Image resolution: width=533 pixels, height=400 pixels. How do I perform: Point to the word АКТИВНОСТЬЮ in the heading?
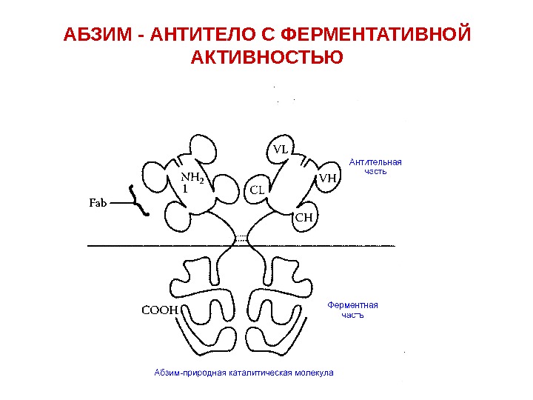tap(266, 57)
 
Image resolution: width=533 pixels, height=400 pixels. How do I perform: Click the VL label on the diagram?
tap(281, 149)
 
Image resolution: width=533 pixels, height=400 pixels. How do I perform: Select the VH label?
tap(328, 179)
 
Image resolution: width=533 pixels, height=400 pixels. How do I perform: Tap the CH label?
tap(304, 218)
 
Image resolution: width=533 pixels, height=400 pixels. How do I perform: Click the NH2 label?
tap(192, 178)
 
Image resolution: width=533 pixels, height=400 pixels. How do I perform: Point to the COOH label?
tap(160, 310)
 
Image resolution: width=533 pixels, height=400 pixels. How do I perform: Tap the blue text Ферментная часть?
tap(352, 310)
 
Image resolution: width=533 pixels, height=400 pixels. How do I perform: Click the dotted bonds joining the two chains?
tap(241, 239)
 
